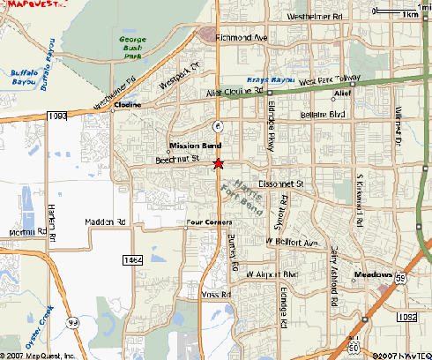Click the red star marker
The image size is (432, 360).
(219, 162)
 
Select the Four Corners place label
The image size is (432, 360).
(208, 222)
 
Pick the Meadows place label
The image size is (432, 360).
(372, 275)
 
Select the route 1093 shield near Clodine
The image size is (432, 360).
(58, 115)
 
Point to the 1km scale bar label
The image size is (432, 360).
(409, 15)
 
